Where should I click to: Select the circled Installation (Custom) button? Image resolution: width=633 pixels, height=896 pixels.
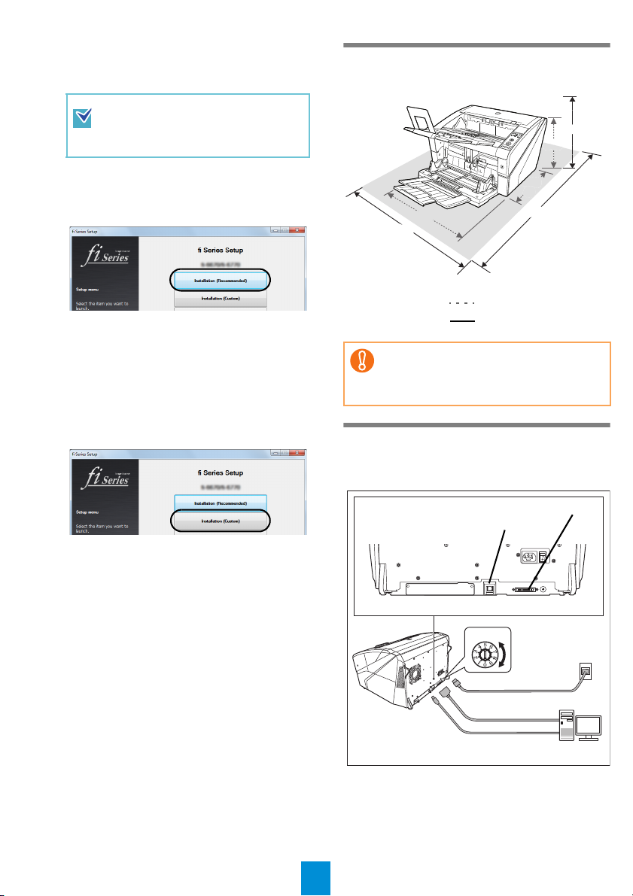coord(221,520)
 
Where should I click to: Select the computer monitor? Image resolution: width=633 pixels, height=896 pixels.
coord(587,727)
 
